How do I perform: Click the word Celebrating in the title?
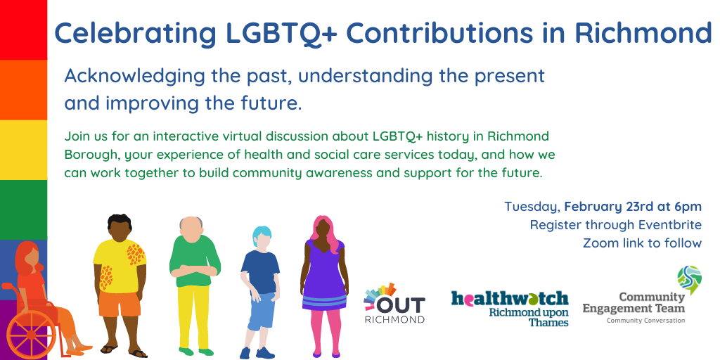(x=136, y=33)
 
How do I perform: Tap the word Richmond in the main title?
(x=642, y=32)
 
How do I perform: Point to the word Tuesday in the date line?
(x=532, y=207)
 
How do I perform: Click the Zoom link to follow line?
(x=643, y=243)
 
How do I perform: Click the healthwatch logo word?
(x=510, y=298)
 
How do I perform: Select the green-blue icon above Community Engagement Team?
(x=689, y=280)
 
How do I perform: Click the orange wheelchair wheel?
(x=31, y=336)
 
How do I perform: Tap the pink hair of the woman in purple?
(x=325, y=232)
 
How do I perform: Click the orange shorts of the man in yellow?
(x=120, y=303)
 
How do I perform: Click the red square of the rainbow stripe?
(x=23, y=30)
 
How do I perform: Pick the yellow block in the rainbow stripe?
(x=23, y=150)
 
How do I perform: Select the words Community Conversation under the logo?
(x=645, y=321)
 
